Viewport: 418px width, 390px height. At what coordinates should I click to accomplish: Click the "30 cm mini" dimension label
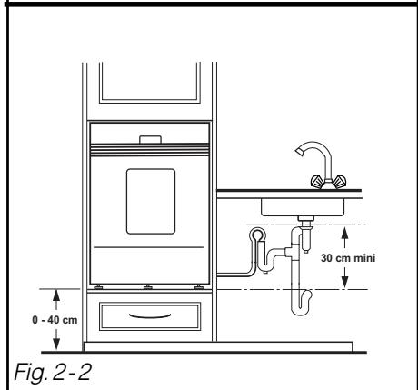pyautogui.click(x=348, y=258)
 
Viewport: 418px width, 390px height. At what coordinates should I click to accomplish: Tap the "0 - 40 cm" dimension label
pyautogui.click(x=55, y=320)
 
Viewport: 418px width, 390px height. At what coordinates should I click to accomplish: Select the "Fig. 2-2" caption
pyautogui.click(x=53, y=372)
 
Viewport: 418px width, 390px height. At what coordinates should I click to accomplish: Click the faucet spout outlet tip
pyautogui.click(x=299, y=153)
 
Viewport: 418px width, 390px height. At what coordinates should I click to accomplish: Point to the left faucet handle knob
pyautogui.click(x=317, y=181)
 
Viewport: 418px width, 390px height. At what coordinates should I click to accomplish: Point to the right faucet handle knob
pyautogui.click(x=340, y=181)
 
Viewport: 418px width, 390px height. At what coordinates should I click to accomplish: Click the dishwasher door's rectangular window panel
pyautogui.click(x=151, y=202)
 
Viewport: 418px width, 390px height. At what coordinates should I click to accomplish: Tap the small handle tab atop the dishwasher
pyautogui.click(x=150, y=140)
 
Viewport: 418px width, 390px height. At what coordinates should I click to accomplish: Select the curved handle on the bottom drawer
pyautogui.click(x=150, y=316)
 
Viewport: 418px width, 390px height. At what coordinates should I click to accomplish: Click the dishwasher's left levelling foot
pyautogui.click(x=98, y=287)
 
